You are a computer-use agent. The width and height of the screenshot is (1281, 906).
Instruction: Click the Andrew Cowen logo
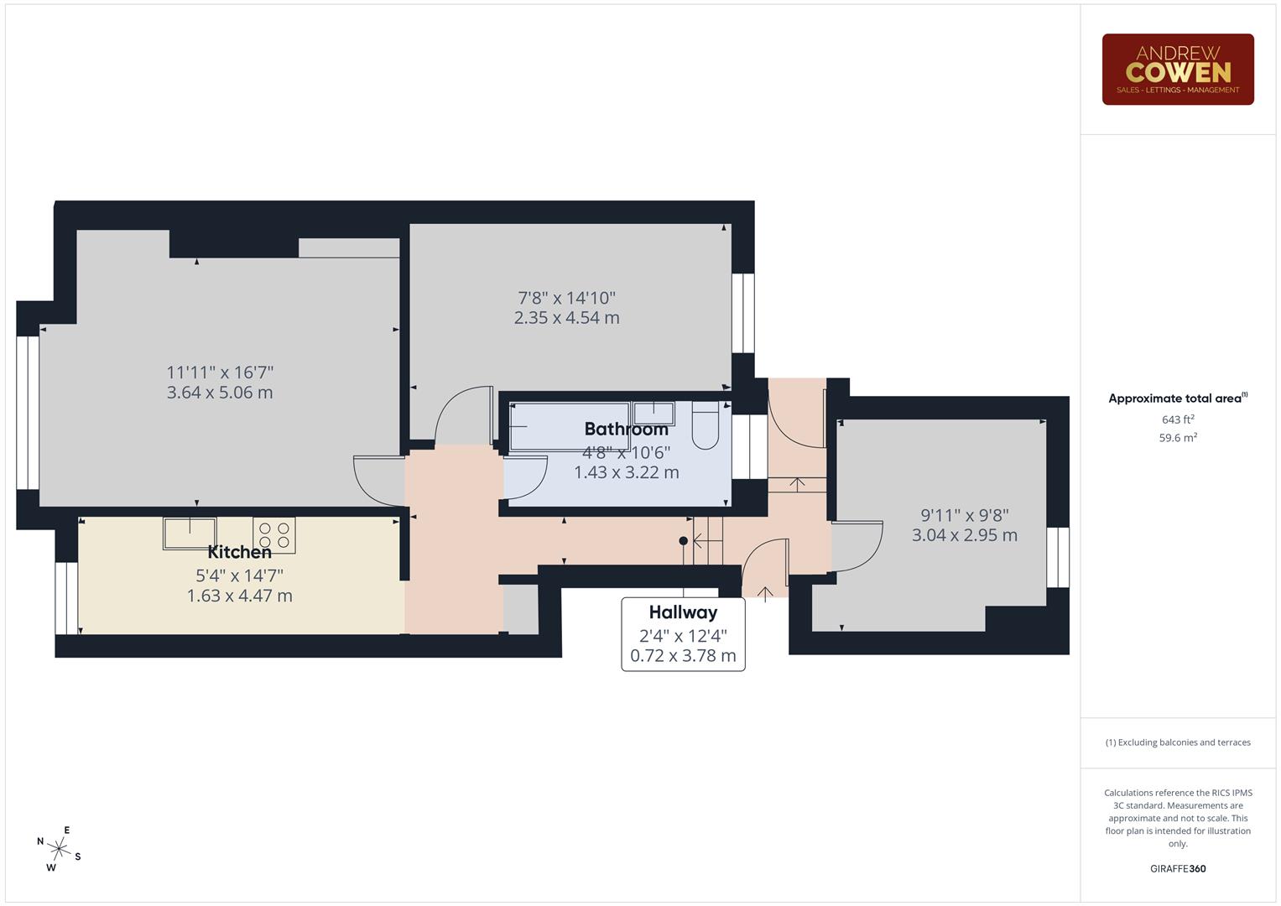(x=1177, y=69)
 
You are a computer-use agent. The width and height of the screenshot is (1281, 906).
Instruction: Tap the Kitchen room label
(x=239, y=552)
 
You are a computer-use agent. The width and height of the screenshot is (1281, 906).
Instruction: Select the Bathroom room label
(x=626, y=430)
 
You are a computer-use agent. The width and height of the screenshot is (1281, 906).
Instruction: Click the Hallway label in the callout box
(x=683, y=612)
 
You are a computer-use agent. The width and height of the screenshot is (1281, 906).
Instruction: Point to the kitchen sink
(x=190, y=533)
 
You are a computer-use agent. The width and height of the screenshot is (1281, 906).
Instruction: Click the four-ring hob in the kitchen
(x=274, y=535)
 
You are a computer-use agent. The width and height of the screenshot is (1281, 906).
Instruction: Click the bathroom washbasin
(x=654, y=414)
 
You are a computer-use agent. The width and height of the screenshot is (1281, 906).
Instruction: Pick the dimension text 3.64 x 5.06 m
(x=220, y=393)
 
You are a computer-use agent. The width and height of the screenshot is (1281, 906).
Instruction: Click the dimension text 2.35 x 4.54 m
(x=566, y=318)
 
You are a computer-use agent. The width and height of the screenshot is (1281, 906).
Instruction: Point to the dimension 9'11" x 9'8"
(x=964, y=515)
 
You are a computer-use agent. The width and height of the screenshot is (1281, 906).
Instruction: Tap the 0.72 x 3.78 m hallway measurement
(x=683, y=656)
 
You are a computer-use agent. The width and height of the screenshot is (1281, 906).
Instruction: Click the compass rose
(x=59, y=848)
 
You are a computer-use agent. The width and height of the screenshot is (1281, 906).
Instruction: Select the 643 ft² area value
(x=1177, y=419)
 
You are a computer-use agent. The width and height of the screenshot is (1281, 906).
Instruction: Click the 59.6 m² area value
(x=1177, y=438)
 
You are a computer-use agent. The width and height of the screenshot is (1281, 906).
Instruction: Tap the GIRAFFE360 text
(x=1177, y=868)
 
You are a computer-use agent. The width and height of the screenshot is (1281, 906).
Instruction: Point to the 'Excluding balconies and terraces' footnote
(x=1177, y=742)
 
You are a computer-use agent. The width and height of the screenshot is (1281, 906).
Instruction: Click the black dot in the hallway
(x=684, y=541)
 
